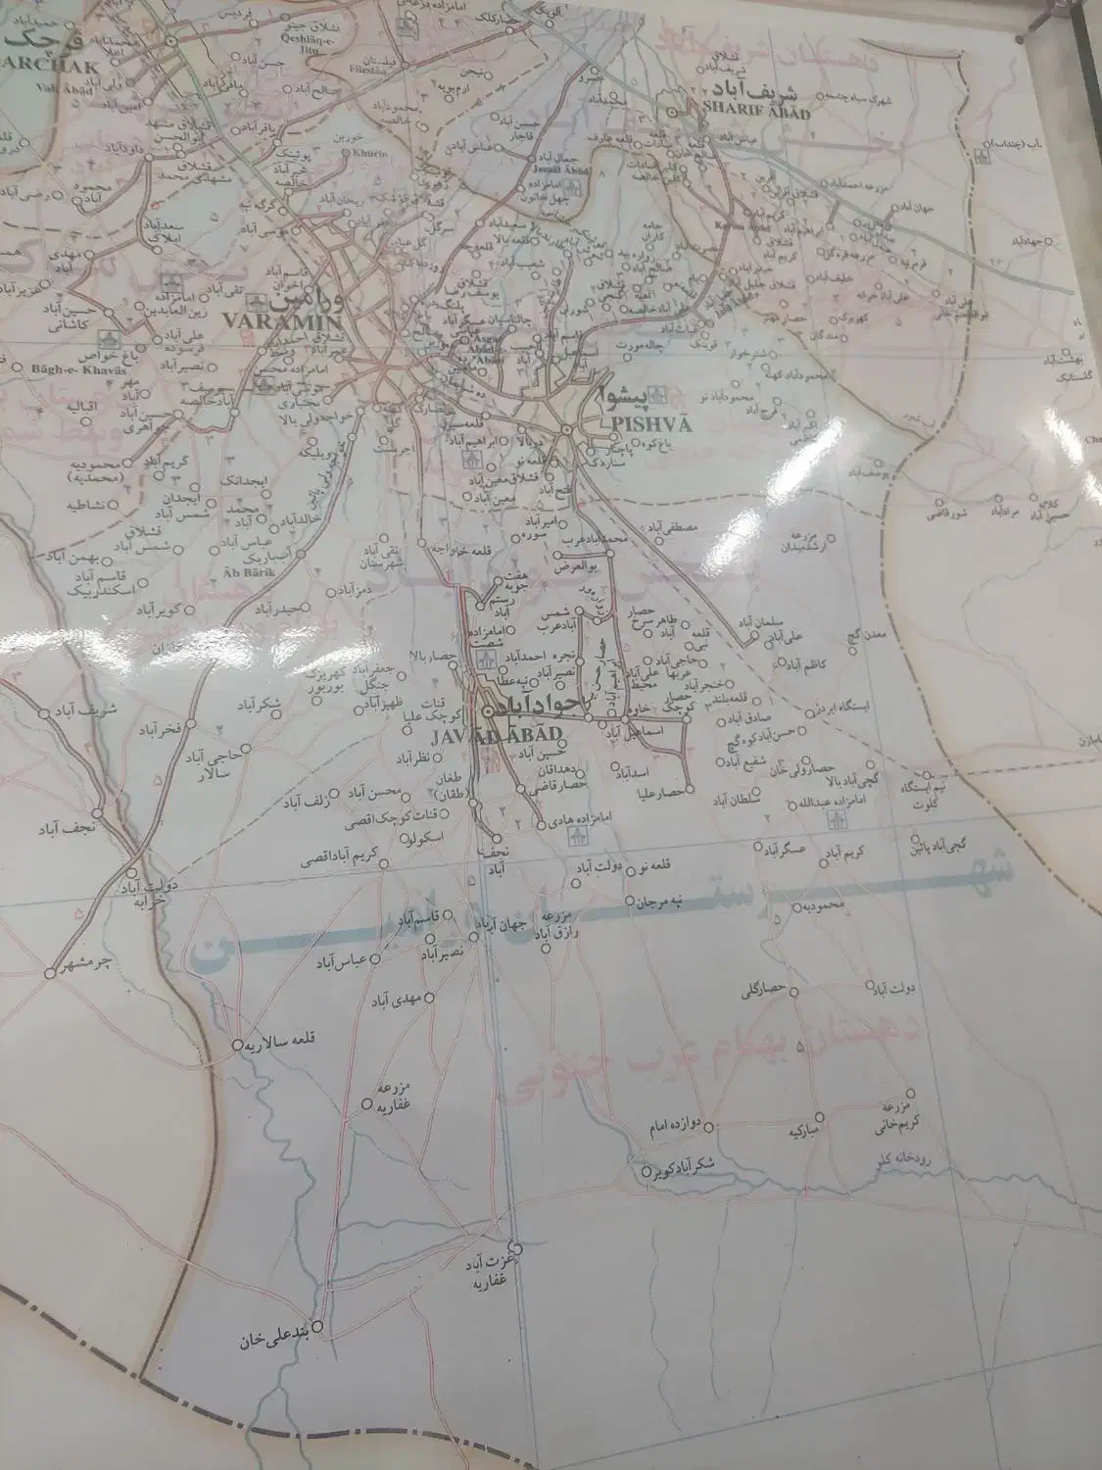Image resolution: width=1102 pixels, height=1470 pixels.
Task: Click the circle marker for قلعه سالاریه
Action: point(237,1046)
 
